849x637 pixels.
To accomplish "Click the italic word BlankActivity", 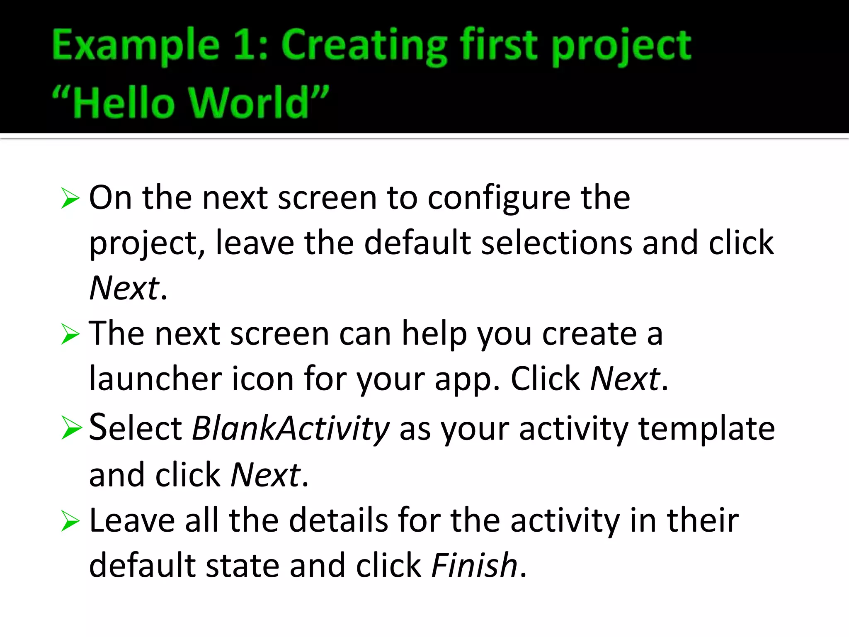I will pyautogui.click(x=291, y=428).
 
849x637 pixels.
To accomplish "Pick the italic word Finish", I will pyautogui.click(x=474, y=565).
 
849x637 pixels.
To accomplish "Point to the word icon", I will pyautogui.click(x=262, y=378).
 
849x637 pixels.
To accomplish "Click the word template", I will pyautogui.click(x=706, y=429).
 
